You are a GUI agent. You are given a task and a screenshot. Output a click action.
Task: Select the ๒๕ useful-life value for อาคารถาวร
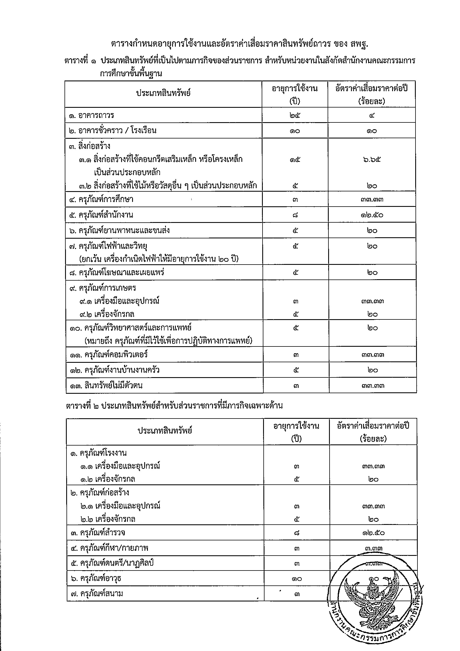tap(295, 115)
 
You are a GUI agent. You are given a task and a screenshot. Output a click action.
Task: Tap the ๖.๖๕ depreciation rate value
tap(372, 160)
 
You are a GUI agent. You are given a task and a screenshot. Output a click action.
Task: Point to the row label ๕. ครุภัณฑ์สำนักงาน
tap(101, 215)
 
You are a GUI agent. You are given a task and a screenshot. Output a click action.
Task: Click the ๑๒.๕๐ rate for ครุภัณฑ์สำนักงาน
tap(372, 215)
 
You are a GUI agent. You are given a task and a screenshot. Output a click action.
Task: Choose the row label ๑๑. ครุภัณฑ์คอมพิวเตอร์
tap(109, 355)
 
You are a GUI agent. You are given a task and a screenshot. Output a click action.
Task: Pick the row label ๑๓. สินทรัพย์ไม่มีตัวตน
tap(106, 386)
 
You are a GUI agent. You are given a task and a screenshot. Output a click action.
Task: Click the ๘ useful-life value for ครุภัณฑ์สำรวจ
tap(297, 533)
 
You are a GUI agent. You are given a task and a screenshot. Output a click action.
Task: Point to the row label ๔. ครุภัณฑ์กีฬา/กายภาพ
tap(110, 548)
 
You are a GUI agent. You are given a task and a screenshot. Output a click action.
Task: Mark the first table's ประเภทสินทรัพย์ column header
tap(163, 93)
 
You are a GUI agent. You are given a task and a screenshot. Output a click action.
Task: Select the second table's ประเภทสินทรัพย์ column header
tap(165, 431)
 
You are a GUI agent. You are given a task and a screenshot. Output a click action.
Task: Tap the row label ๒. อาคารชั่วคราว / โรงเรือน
tap(113, 131)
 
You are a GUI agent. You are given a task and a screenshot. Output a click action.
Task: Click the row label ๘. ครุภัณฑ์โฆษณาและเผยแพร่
tap(117, 272)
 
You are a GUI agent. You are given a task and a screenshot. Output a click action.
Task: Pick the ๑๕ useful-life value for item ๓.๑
tap(295, 160)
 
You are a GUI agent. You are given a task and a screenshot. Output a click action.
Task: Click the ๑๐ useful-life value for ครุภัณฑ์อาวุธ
tap(297, 579)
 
